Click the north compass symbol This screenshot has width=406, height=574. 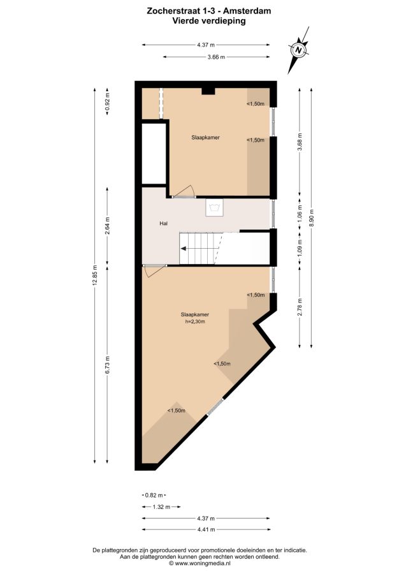pyautogui.click(x=299, y=50)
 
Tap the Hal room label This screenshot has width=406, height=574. pyautogui.click(x=164, y=223)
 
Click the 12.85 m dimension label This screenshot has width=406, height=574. pyautogui.click(x=95, y=274)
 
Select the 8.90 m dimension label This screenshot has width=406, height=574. pyautogui.click(x=311, y=218)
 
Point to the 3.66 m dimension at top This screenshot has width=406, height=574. pyautogui.click(x=216, y=57)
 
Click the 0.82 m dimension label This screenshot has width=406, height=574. pyautogui.click(x=154, y=496)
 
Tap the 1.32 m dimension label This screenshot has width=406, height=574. pyautogui.click(x=161, y=507)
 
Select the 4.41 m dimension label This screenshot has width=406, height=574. pyautogui.click(x=206, y=529)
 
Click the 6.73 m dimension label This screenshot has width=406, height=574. pyautogui.click(x=107, y=365)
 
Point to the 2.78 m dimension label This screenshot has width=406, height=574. pyautogui.click(x=300, y=307)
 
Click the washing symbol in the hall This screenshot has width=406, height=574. pyautogui.click(x=214, y=208)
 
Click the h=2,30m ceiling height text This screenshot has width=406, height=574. pyautogui.click(x=195, y=322)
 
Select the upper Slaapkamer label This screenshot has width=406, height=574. pyautogui.click(x=206, y=138)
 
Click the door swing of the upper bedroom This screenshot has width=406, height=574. pyautogui.click(x=184, y=191)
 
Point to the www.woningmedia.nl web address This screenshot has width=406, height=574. pyautogui.click(x=202, y=563)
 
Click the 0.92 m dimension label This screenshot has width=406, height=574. pyautogui.click(x=107, y=101)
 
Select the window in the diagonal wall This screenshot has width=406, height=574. pyautogui.click(x=215, y=407)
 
